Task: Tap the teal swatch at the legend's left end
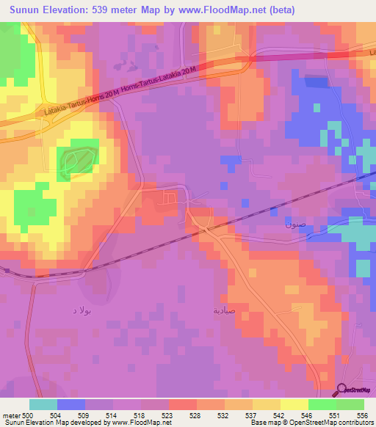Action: pos(43,404)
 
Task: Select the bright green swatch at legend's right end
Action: pos(350,404)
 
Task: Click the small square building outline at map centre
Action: pos(170,197)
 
